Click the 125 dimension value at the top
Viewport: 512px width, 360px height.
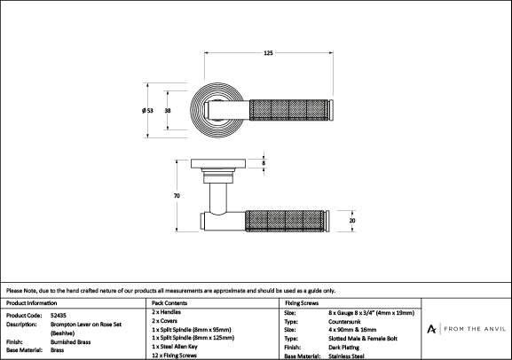pyautogui.click(x=268, y=53)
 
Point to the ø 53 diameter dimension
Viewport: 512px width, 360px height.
pyautogui.click(x=147, y=111)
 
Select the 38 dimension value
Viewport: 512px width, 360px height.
pyautogui.click(x=168, y=111)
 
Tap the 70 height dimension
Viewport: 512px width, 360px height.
pyautogui.click(x=177, y=196)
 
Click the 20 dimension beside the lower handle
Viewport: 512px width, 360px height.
pyautogui.click(x=352, y=221)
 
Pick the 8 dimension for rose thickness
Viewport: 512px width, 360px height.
pyautogui.click(x=264, y=163)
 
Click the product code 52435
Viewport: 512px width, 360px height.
pyautogui.click(x=59, y=316)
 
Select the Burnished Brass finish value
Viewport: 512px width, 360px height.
pyautogui.click(x=70, y=342)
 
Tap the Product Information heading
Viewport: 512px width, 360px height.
pyautogui.click(x=31, y=303)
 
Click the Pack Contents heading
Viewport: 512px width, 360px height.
pyautogui.click(x=169, y=303)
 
